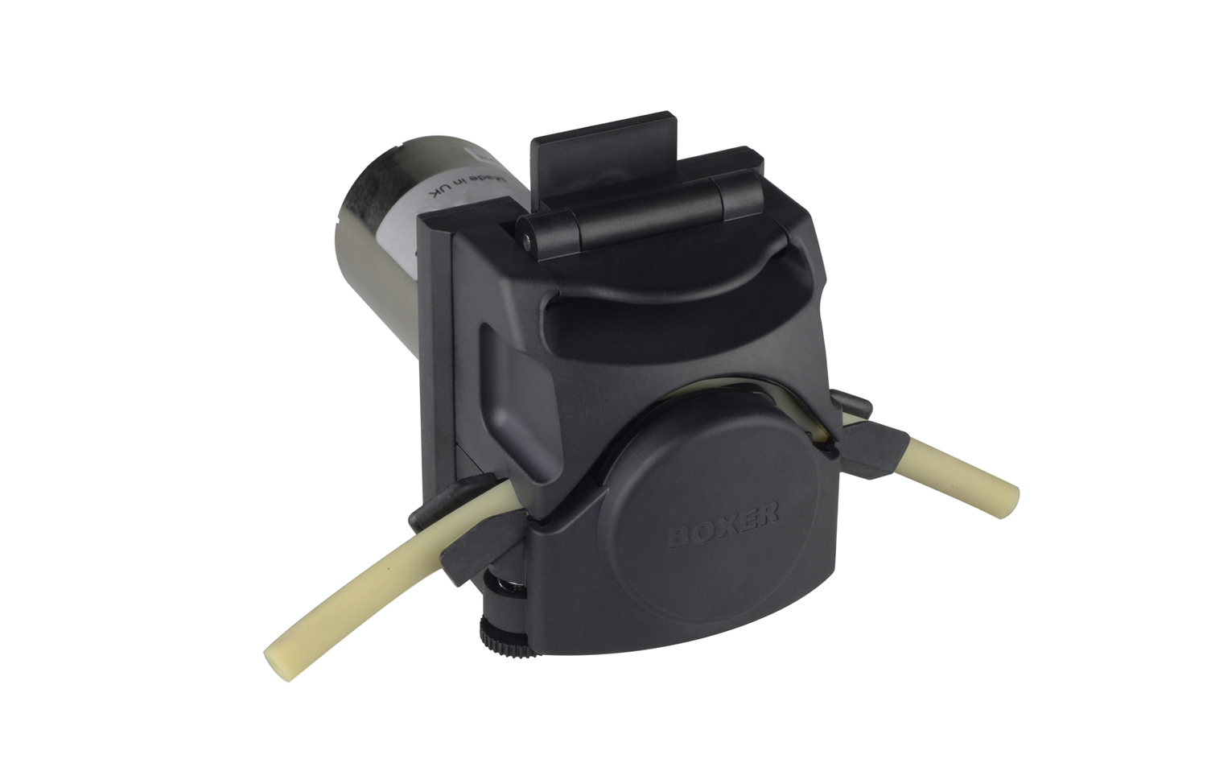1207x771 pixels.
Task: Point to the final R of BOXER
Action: (769, 511)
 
